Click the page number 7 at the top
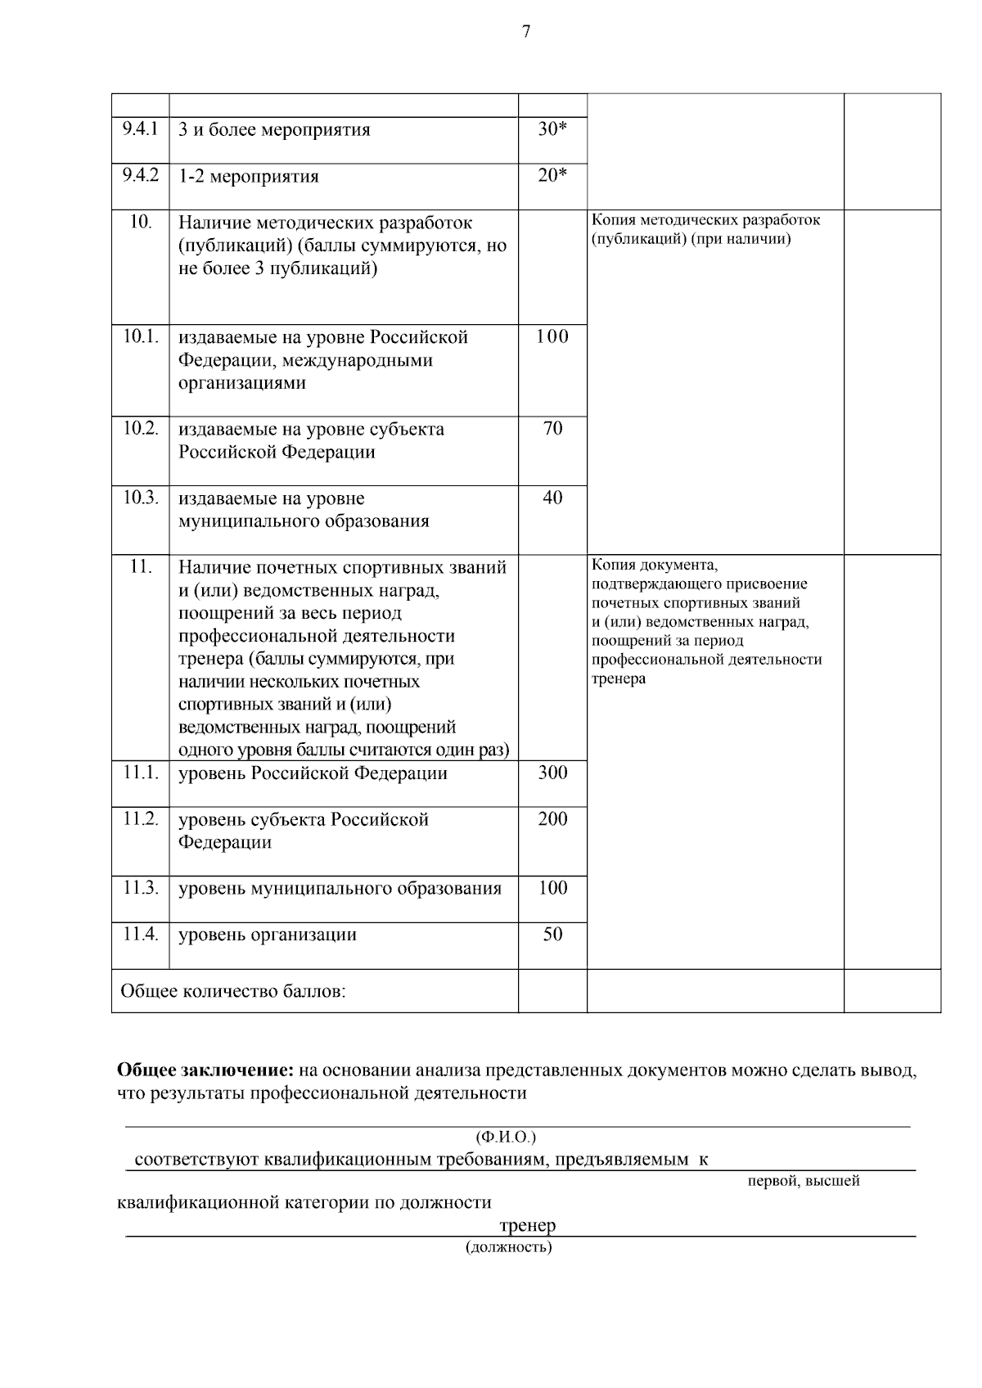525,32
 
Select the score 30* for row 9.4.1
552,129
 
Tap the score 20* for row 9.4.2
552,176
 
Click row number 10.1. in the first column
141,336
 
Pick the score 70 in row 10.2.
552,428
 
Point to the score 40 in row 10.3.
552,498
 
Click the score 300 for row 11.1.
552,773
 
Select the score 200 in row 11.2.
552,818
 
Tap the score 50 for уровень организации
552,934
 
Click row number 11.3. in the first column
141,888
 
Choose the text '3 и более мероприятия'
274,130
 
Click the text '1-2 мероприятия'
249,177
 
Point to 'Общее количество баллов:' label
233,991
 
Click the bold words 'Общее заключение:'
205,1070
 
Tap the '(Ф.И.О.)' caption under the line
506,1138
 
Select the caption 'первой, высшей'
804,1181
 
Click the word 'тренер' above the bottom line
527,1225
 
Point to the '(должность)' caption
509,1247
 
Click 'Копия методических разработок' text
705,220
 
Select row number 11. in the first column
141,566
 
